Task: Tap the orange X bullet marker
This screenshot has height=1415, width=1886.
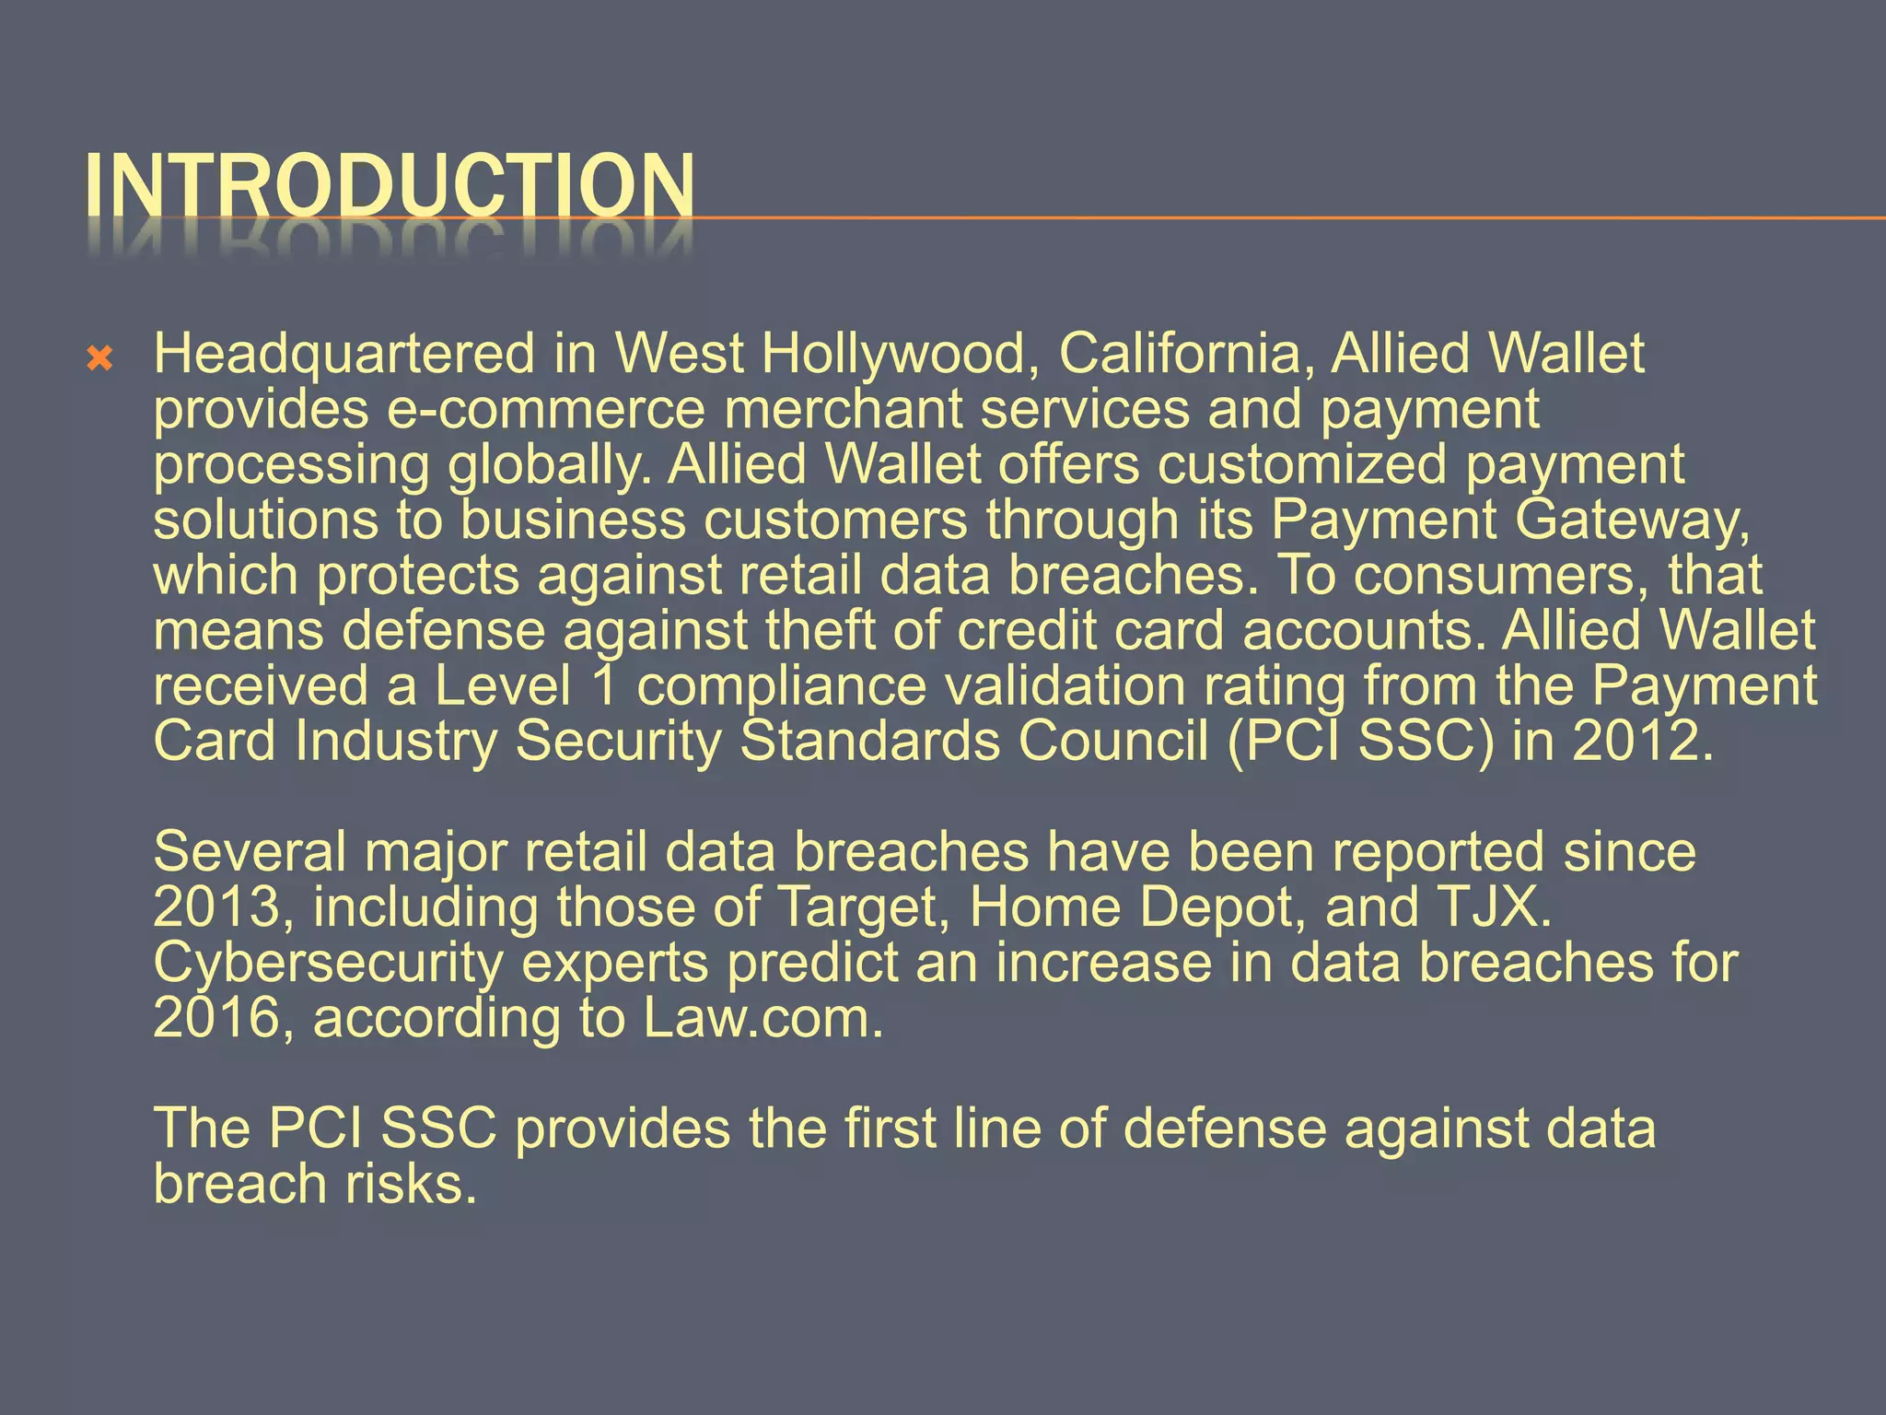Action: coord(99,359)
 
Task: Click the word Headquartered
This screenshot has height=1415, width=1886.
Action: coord(343,354)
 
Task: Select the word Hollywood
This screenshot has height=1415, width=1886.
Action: coord(893,354)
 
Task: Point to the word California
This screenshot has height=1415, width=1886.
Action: coord(1185,354)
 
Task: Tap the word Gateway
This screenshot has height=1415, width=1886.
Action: coord(1632,520)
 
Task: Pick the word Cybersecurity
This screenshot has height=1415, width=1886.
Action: coord(329,963)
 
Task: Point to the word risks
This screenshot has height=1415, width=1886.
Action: coord(410,1184)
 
